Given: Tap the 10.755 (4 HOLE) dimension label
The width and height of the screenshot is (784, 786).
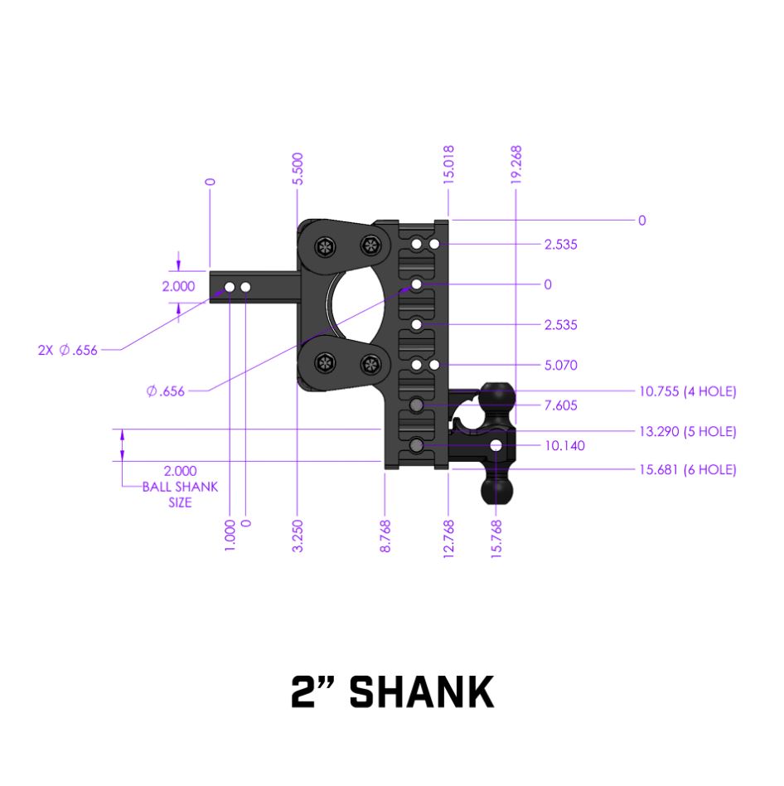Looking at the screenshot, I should [687, 391].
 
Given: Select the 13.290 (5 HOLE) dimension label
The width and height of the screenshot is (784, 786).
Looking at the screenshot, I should [687, 431].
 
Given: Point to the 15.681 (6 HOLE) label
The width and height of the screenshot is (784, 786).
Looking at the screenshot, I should [687, 469].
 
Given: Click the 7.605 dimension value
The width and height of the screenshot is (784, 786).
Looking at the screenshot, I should [561, 405].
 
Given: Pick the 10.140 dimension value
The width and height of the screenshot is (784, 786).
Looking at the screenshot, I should [564, 445].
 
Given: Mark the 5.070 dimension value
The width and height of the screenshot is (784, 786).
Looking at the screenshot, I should [561, 365].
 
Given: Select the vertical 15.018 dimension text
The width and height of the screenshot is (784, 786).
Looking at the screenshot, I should [448, 164].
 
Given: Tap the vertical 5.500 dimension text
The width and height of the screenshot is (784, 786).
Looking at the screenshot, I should [298, 169].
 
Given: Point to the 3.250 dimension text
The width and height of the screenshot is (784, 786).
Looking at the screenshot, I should [298, 536].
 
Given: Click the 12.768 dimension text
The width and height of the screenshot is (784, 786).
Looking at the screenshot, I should [448, 539].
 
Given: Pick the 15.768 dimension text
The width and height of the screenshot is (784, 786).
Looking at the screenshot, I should [496, 539].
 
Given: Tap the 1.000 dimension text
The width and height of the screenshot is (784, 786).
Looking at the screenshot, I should [230, 536].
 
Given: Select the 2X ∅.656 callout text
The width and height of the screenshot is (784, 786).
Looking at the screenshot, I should [67, 350].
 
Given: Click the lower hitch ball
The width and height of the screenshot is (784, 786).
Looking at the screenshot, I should [496, 490].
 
